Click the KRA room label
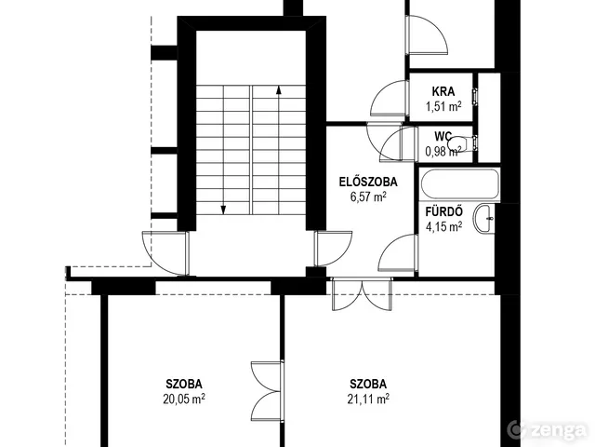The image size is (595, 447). [x=443, y=91]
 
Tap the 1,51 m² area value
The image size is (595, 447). [x=443, y=106]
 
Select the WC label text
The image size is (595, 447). [x=443, y=136]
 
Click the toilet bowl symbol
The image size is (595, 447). [x=460, y=143]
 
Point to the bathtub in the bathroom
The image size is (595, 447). [x=459, y=184]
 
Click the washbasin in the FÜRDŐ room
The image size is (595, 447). [x=483, y=218]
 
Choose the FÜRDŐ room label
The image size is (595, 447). [x=443, y=211]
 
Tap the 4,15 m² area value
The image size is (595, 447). [x=444, y=227]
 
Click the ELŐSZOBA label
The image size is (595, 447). [x=368, y=182]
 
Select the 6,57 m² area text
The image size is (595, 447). [x=368, y=196]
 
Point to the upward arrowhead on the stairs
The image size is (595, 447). [x=279, y=89]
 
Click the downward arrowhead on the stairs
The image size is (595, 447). [x=223, y=210]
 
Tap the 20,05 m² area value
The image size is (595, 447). [x=184, y=400]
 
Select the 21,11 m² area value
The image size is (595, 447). [x=368, y=400]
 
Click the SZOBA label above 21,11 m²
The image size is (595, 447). [x=368, y=384]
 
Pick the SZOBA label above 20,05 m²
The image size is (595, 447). [x=184, y=384]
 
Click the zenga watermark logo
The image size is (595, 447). [x=548, y=430]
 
